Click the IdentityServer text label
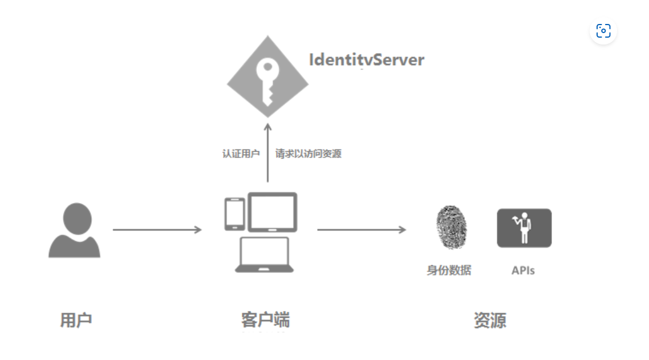[366, 60]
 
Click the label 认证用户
[241, 154]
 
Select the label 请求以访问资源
[309, 154]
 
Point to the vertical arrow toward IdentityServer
[267, 154]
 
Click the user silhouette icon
[75, 231]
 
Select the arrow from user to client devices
[157, 230]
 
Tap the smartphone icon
[234, 214]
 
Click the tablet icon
[273, 212]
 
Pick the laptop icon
[265, 254]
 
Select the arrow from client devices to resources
[362, 230]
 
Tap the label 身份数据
[449, 270]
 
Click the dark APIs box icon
[524, 228]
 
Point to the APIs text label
[523, 270]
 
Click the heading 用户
[76, 320]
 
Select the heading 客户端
[265, 320]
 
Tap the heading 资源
[490, 320]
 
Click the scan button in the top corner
[603, 31]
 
